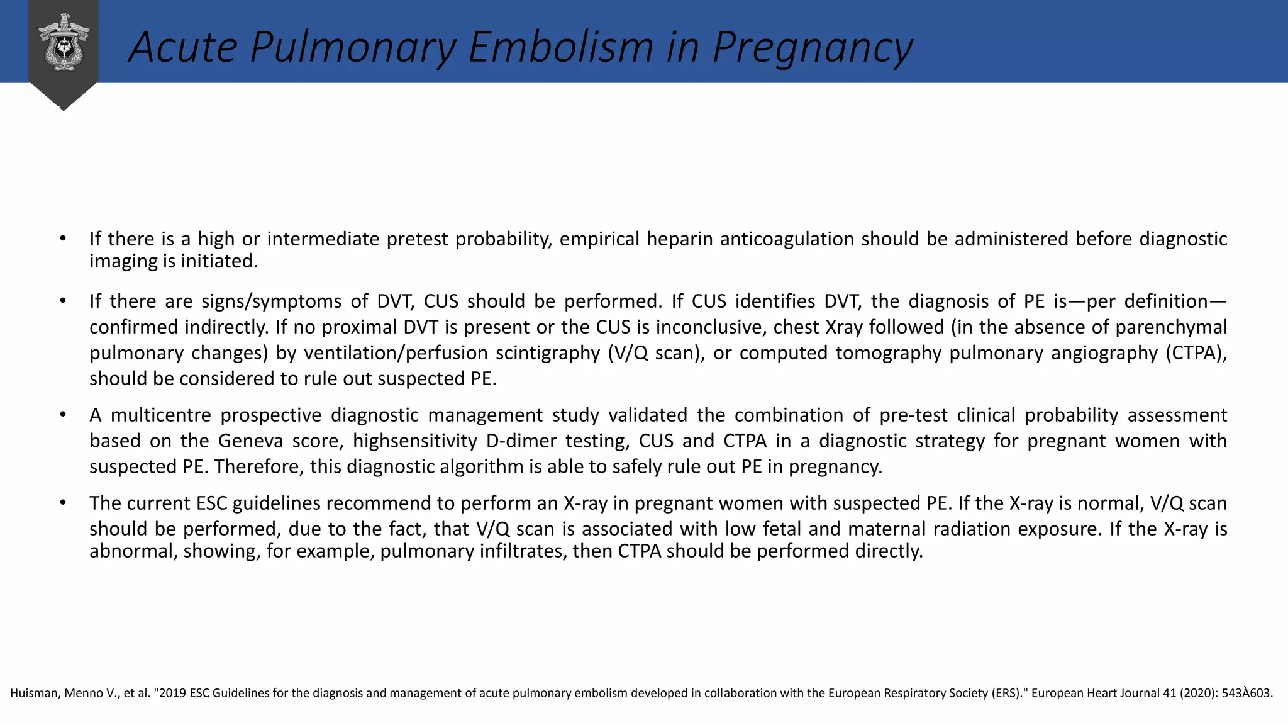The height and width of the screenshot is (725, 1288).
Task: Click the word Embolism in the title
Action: [x=561, y=47]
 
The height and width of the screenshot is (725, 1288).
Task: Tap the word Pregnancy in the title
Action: [x=813, y=47]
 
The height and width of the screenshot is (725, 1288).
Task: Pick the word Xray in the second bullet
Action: [x=843, y=327]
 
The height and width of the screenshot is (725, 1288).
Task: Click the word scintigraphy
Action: [x=548, y=353]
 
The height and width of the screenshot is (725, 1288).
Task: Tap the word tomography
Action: [x=891, y=353]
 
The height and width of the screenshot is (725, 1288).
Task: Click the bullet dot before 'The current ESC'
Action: [x=63, y=503]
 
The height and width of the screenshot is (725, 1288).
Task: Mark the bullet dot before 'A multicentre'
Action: [x=63, y=415]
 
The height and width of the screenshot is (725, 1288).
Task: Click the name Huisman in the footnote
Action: [x=35, y=694]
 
